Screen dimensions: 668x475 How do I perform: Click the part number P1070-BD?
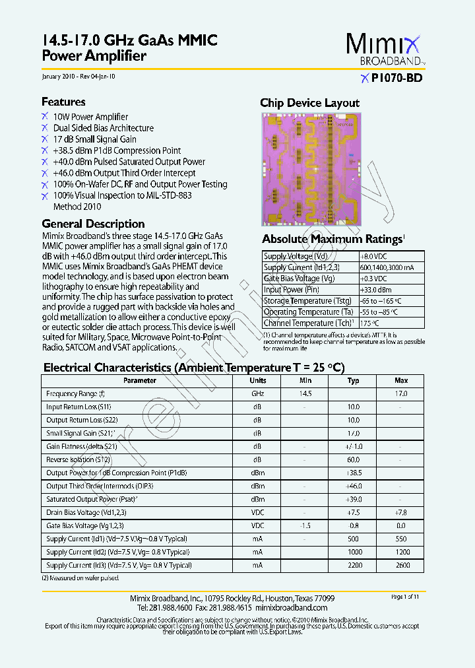pyautogui.click(x=396, y=78)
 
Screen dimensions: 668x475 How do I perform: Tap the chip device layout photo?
pyautogui.click(x=312, y=169)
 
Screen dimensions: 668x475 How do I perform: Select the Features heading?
pyautogui.click(x=63, y=102)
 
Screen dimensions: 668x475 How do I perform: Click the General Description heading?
pyautogui.click(x=93, y=224)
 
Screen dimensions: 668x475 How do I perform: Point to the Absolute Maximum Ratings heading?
pyautogui.click(x=332, y=239)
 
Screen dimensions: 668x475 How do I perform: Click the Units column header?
pyautogui.click(x=258, y=381)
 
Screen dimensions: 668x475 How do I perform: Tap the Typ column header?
pyautogui.click(x=354, y=381)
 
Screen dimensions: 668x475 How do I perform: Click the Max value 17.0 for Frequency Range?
pyautogui.click(x=401, y=393)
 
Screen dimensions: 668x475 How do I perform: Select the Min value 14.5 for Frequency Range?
pyautogui.click(x=305, y=393)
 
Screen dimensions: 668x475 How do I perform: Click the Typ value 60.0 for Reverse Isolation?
pyautogui.click(x=354, y=459)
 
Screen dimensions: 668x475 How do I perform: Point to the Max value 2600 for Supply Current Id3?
pyautogui.click(x=401, y=565)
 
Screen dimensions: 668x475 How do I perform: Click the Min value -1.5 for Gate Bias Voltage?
pyautogui.click(x=305, y=525)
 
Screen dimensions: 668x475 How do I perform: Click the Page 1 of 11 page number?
pyautogui.click(x=405, y=597)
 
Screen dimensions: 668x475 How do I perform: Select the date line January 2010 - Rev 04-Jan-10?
pyautogui.click(x=79, y=77)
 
